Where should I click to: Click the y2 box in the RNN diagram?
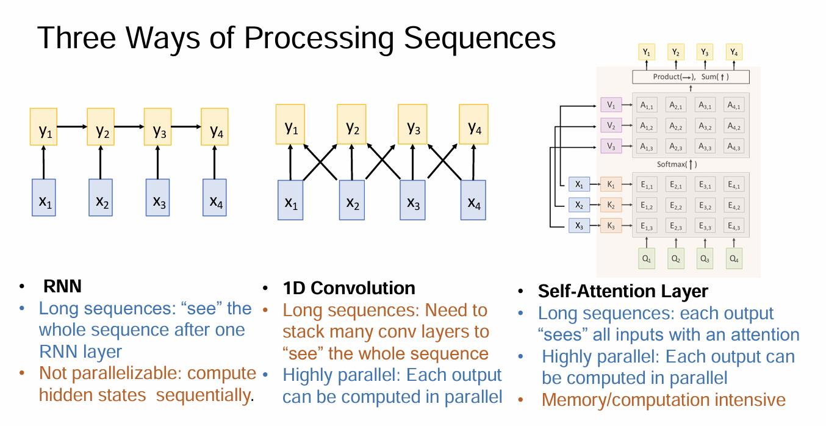(101, 127)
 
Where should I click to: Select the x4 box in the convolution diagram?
(473, 200)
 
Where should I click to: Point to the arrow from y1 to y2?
(72, 127)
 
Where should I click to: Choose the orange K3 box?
(611, 226)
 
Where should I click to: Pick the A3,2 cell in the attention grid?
(706, 125)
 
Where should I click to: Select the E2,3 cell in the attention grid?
(675, 226)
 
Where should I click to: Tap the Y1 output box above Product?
(647, 52)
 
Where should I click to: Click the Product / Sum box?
(691, 77)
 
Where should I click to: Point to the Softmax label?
(677, 164)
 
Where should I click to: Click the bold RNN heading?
(62, 287)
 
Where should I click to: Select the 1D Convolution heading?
(348, 288)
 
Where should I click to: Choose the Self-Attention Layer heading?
(623, 291)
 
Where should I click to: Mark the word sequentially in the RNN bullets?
(203, 395)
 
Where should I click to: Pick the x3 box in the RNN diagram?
(157, 197)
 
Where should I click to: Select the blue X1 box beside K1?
(579, 184)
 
